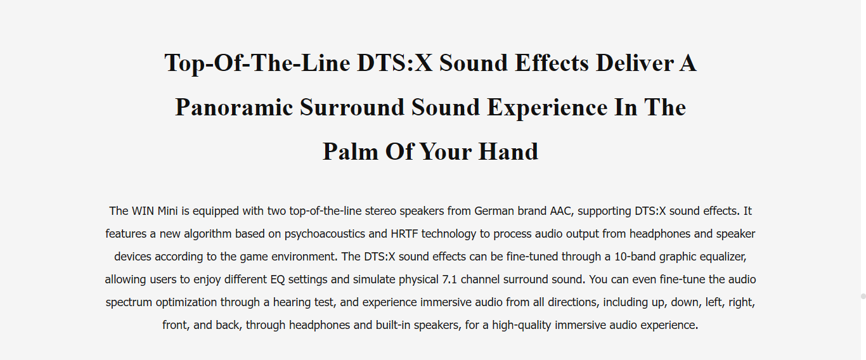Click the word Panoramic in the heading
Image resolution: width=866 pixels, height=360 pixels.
click(x=234, y=108)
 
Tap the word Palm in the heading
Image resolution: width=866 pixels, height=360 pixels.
click(x=350, y=151)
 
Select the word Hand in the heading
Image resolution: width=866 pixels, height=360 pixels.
click(x=508, y=151)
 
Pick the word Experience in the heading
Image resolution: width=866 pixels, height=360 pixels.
click(x=547, y=108)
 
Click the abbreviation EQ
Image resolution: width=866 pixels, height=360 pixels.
click(x=278, y=280)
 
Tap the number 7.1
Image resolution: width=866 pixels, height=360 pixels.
click(x=449, y=280)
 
